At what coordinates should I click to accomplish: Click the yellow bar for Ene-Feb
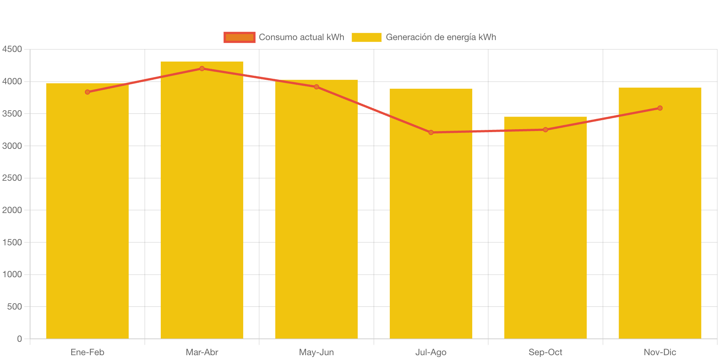(x=87, y=212)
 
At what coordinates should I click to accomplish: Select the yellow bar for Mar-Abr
(x=202, y=200)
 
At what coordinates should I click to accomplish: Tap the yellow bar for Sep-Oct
(x=545, y=228)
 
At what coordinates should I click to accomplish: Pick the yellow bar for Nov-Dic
(x=660, y=213)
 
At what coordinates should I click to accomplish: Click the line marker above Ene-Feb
(x=88, y=92)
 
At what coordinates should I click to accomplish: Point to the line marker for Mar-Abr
(x=202, y=69)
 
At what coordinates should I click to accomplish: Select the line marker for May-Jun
(x=316, y=87)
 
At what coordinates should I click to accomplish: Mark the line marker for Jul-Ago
(x=431, y=132)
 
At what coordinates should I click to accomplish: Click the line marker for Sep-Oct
(x=545, y=130)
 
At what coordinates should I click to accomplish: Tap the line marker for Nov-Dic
(x=660, y=108)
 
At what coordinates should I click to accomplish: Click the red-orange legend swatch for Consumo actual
(x=239, y=37)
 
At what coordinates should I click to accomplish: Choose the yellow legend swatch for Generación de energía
(x=366, y=37)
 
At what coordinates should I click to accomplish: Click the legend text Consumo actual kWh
(x=301, y=37)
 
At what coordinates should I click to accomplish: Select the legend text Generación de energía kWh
(x=441, y=37)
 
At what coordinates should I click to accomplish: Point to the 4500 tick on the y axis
(x=12, y=49)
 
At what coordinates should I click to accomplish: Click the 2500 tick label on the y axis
(x=12, y=178)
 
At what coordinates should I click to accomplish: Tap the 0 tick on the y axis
(x=19, y=339)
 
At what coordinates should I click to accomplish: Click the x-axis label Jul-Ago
(x=431, y=352)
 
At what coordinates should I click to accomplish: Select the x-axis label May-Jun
(x=316, y=352)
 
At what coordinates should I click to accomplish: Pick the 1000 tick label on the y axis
(x=12, y=275)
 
